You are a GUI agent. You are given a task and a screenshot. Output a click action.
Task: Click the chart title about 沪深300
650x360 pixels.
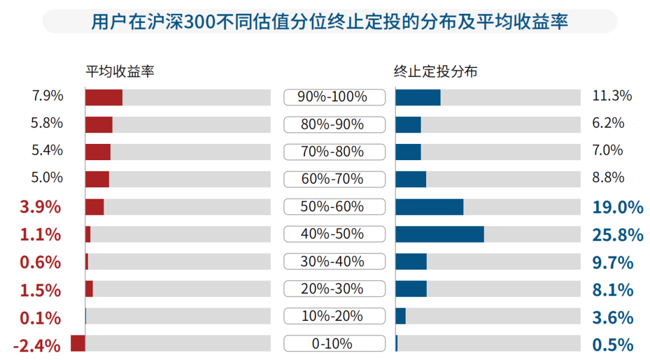[330, 22]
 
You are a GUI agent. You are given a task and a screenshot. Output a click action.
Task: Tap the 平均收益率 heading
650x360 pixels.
[120, 72]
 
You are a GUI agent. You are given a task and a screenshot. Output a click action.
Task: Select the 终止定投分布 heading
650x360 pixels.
[435, 72]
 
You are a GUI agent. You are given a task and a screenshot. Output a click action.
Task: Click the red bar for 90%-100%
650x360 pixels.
[104, 98]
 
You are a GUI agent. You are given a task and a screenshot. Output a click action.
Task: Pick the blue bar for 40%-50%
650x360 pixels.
[440, 234]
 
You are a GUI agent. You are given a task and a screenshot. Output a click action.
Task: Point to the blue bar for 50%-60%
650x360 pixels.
[430, 207]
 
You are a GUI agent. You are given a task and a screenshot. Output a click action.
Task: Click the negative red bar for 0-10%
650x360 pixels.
[78, 343]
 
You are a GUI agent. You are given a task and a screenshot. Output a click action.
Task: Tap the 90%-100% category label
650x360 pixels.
[332, 97]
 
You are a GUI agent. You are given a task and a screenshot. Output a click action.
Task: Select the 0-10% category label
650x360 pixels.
[332, 344]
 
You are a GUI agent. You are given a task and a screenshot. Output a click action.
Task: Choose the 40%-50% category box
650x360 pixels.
[335, 234]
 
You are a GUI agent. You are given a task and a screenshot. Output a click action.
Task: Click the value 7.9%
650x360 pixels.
[48, 96]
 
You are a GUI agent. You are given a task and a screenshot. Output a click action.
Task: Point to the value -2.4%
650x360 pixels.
[37, 346]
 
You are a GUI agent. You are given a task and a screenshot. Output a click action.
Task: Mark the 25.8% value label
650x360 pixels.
[617, 235]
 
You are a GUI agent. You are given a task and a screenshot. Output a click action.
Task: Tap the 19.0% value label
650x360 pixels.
[617, 207]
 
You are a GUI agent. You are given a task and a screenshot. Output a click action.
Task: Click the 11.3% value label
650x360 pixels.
[612, 96]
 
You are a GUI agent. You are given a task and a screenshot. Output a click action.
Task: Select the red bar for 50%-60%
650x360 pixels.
[94, 207]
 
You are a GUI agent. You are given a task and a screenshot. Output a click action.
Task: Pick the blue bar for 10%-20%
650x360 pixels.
[401, 316]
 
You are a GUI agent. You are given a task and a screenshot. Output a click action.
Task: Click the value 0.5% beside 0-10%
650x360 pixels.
[613, 345]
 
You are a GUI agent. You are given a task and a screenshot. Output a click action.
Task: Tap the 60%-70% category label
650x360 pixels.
[332, 179]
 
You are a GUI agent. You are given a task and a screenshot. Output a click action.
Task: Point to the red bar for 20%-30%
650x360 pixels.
[89, 289]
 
